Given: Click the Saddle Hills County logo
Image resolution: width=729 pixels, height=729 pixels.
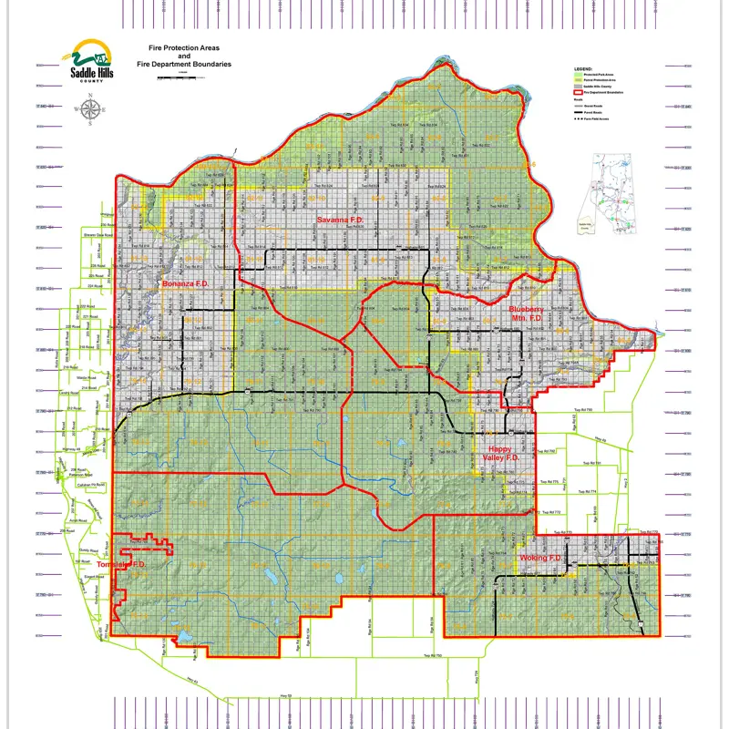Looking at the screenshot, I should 91,61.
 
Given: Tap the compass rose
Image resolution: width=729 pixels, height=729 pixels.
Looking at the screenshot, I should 90,110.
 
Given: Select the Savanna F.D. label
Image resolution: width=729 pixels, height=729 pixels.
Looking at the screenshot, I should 341,221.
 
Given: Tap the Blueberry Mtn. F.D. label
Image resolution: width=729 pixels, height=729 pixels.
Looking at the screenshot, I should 526,314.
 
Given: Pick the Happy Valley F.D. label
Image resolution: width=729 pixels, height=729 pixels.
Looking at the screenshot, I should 502,454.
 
